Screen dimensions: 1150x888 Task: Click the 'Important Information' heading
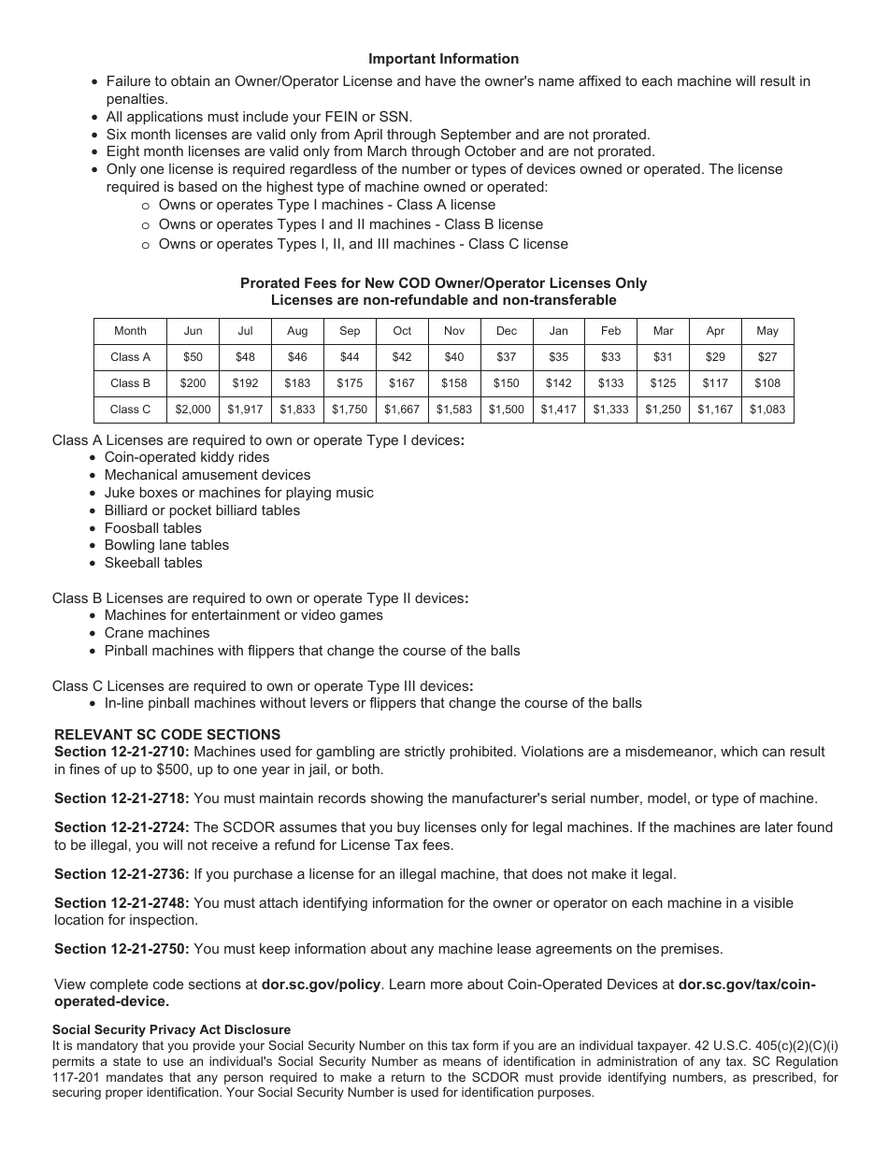coord(443,59)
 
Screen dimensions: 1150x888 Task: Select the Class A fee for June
coord(193,357)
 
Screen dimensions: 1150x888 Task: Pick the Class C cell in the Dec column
coord(506,410)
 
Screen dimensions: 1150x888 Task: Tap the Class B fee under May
coord(766,383)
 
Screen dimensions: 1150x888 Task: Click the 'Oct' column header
coord(402,331)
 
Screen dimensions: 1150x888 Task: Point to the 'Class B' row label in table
coord(130,383)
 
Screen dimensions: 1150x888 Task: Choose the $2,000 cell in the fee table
coord(193,410)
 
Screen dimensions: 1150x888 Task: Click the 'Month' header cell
coord(130,331)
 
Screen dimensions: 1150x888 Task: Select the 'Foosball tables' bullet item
coord(152,528)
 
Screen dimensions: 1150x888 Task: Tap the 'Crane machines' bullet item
coord(156,633)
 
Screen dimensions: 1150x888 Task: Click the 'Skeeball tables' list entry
coord(152,563)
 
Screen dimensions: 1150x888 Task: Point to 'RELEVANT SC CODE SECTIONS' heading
coord(167,735)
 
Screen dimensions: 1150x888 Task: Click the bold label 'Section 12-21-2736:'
coord(122,874)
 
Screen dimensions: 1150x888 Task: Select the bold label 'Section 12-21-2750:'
coord(122,949)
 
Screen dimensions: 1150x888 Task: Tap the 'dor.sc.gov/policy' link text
coord(320,985)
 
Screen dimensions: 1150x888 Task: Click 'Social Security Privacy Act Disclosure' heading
coord(171,1029)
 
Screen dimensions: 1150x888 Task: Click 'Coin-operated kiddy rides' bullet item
coord(186,457)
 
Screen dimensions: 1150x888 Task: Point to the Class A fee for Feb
coord(610,357)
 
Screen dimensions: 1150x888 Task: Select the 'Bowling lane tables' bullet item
coord(166,545)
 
